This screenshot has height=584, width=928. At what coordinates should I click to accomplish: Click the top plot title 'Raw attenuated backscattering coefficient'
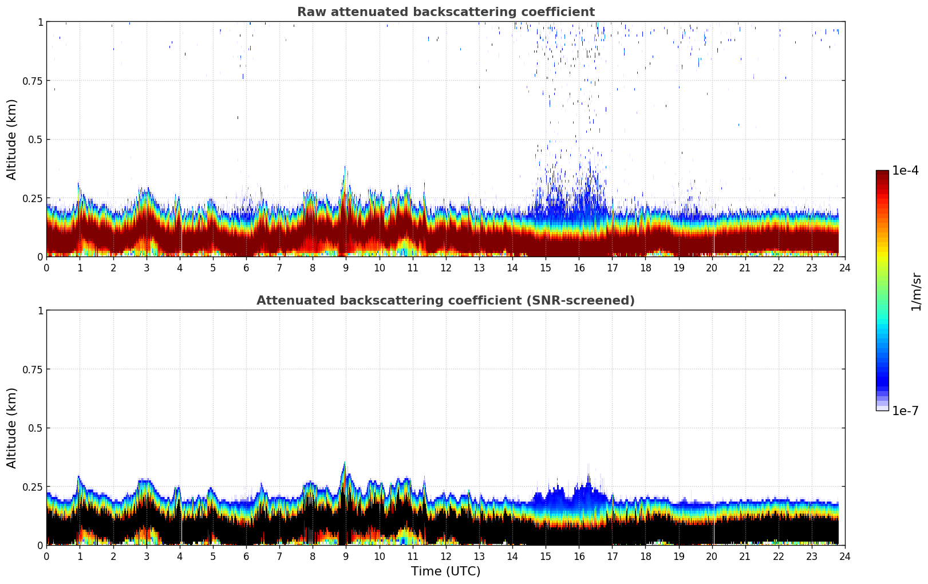tap(445, 12)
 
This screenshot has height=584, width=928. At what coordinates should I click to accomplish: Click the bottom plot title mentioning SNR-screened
tap(445, 301)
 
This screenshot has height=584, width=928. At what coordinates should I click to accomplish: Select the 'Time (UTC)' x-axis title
tap(445, 571)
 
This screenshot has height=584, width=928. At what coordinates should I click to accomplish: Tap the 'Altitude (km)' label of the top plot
tap(12, 139)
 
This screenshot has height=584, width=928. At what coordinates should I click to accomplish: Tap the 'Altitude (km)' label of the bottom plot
tap(12, 428)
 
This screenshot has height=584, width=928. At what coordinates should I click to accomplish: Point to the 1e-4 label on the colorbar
tap(905, 171)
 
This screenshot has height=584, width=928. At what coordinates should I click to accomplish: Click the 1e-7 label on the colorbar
tap(905, 411)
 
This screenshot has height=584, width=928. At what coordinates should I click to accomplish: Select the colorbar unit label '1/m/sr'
tap(916, 291)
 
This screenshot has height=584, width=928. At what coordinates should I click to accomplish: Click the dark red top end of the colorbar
tap(882, 173)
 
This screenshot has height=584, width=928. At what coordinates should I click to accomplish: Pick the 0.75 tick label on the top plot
tap(32, 81)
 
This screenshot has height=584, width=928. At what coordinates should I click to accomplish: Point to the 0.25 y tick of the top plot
tap(32, 198)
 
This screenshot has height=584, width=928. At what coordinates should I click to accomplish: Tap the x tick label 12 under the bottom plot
tap(446, 556)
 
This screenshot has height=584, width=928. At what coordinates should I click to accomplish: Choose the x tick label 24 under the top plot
tap(845, 267)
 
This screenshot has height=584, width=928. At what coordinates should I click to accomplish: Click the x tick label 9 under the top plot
tap(346, 267)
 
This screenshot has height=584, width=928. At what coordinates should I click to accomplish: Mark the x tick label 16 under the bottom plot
tap(579, 556)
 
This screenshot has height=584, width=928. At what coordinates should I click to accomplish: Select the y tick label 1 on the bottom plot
tap(40, 311)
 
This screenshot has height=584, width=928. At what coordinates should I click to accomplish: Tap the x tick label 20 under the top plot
tap(712, 267)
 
